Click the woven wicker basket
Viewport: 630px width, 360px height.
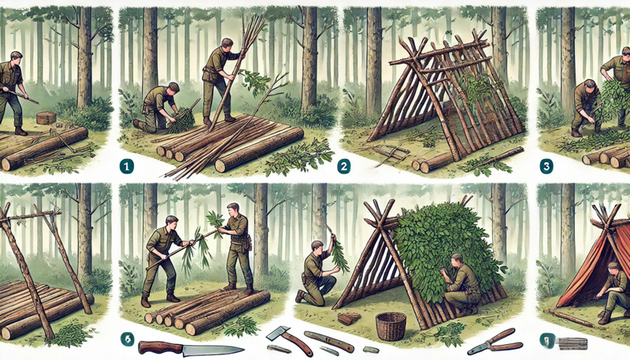[x=391, y=325]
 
